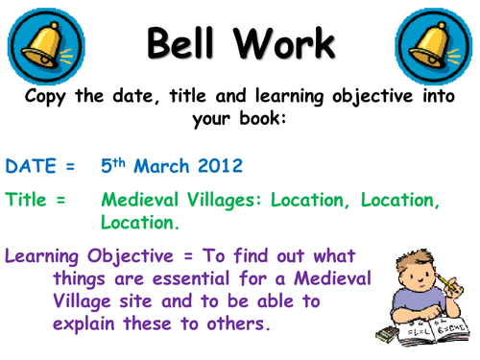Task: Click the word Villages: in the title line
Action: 228,203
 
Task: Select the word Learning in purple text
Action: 45,257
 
